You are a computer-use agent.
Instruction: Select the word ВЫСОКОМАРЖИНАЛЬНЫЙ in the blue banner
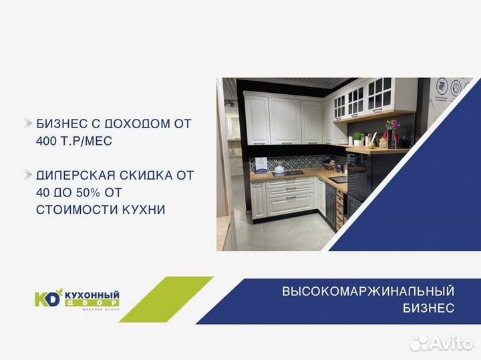(368, 291)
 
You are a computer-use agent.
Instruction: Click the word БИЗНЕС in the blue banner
(428, 308)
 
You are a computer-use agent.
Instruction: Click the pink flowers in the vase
(392, 126)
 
